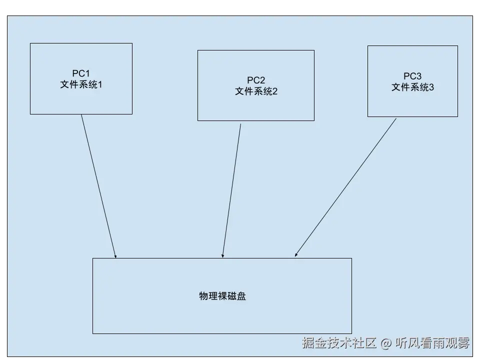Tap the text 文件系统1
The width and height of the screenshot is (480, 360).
[x=81, y=84]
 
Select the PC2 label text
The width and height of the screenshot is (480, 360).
[x=256, y=80]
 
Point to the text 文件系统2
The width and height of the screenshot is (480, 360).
[x=256, y=91]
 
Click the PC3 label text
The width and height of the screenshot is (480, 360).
[x=412, y=76]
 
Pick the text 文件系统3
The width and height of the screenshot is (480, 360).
[x=412, y=87]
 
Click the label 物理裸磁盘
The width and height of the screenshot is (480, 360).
[x=222, y=296]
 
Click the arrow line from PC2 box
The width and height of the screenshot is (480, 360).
[x=231, y=190]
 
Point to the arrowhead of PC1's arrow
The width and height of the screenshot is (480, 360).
[x=115, y=255]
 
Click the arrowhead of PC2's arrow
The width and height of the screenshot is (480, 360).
[x=223, y=255]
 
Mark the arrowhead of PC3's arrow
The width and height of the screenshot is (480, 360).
[x=296, y=255]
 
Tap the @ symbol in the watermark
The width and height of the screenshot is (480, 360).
[x=385, y=343]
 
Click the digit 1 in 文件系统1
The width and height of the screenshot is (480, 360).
[x=99, y=84]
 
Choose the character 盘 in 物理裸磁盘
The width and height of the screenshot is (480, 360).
[x=241, y=296]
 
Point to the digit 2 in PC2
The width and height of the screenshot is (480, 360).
[x=262, y=80]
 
